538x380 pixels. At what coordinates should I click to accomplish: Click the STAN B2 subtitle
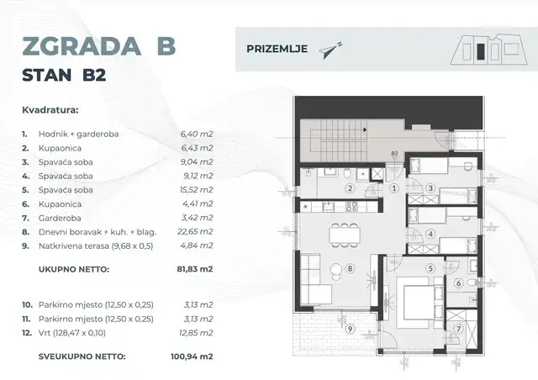(x=68, y=77)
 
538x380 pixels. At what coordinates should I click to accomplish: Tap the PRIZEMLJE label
(x=275, y=48)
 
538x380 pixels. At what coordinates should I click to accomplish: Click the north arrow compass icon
(x=330, y=49)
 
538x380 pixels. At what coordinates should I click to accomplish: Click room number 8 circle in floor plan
(x=351, y=270)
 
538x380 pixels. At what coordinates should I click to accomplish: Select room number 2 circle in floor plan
(x=350, y=188)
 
